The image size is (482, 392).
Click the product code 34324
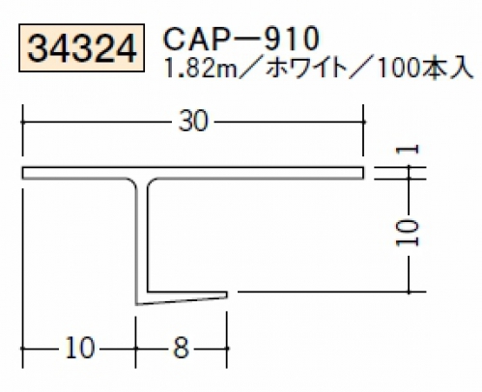pyautogui.click(x=81, y=49)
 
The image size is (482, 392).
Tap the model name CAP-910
pyautogui.click(x=241, y=39)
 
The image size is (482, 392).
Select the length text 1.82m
pyautogui.click(x=200, y=69)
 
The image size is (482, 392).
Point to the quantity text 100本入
pyautogui.click(x=425, y=69)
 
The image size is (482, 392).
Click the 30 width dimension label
pyautogui.click(x=193, y=122)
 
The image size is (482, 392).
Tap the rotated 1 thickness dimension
pyautogui.click(x=408, y=150)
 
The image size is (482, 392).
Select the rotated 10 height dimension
pyautogui.click(x=408, y=233)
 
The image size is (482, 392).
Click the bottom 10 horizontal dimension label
pyautogui.click(x=80, y=348)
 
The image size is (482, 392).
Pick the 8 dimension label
pyautogui.click(x=181, y=348)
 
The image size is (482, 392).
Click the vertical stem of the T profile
pyautogui.click(x=142, y=238)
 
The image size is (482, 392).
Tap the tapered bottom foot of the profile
pyautogui.click(x=182, y=297)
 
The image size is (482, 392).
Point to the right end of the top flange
pyautogui.click(x=363, y=173)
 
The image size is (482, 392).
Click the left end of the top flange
pyautogui.click(x=22, y=173)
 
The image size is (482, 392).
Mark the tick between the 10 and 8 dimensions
pyautogui.click(x=135, y=348)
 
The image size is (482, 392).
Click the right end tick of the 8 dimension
pyautogui.click(x=227, y=348)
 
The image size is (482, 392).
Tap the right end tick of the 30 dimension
pyautogui.click(x=363, y=122)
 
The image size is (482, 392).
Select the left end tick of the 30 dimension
pyautogui.click(x=22, y=122)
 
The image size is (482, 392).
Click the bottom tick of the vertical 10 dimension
pyautogui.click(x=409, y=292)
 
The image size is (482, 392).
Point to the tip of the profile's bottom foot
pyautogui.click(x=227, y=294)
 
